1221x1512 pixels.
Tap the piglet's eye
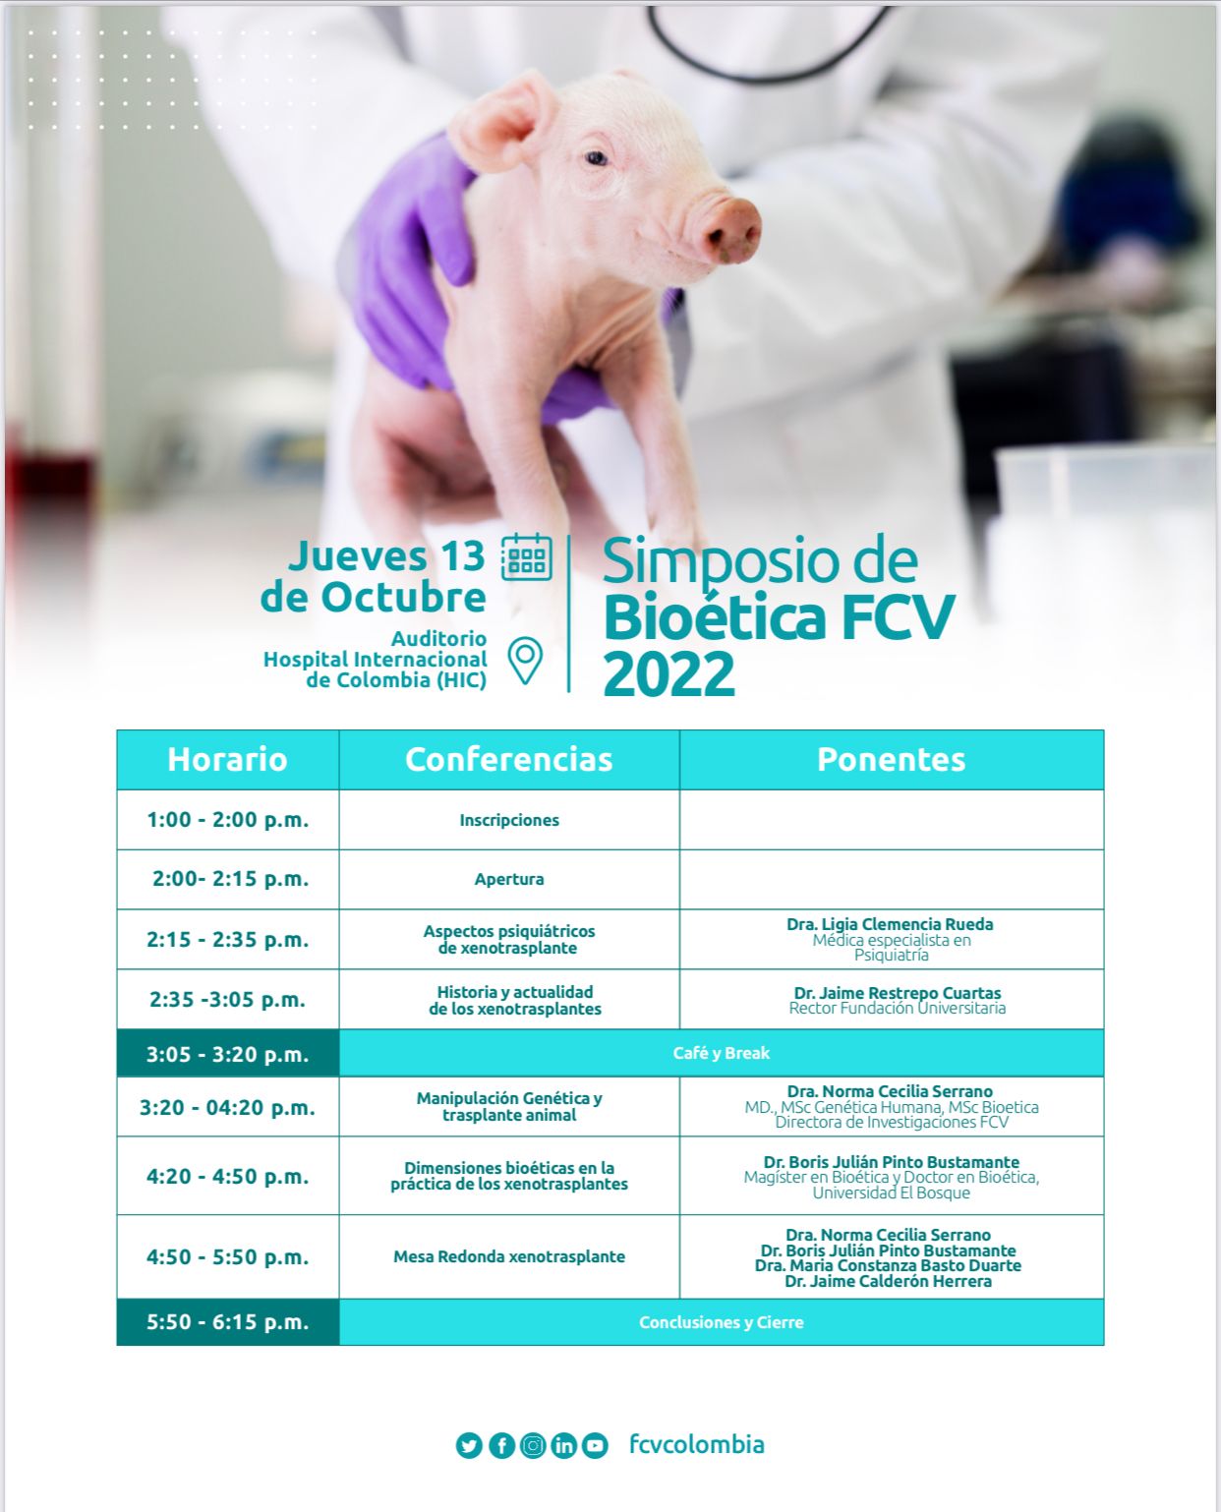pyautogui.click(x=596, y=158)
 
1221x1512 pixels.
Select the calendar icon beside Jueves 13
pyautogui.click(x=527, y=557)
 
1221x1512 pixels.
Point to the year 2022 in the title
pyautogui.click(x=669, y=673)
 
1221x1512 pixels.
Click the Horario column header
pyautogui.click(x=227, y=760)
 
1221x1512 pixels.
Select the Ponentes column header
pyautogui.click(x=892, y=760)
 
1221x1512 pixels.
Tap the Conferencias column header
pyautogui.click(x=509, y=760)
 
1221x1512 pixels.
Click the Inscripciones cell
pyautogui.click(x=509, y=820)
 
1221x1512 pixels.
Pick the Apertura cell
pyautogui.click(x=509, y=879)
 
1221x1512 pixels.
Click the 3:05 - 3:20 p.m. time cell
pyautogui.click(x=227, y=1054)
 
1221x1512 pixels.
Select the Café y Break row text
pyautogui.click(x=722, y=1053)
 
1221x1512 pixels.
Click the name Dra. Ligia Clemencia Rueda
pyautogui.click(x=890, y=924)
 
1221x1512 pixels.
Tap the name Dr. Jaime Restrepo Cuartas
pyautogui.click(x=898, y=992)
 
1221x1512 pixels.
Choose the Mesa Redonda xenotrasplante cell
pyautogui.click(x=509, y=1256)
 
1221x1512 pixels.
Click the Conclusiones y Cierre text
pyautogui.click(x=722, y=1321)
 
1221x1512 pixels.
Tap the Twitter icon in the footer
pyautogui.click(x=469, y=1445)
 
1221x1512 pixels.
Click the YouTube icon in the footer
pyautogui.click(x=595, y=1445)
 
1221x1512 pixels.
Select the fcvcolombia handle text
pyautogui.click(x=696, y=1444)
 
